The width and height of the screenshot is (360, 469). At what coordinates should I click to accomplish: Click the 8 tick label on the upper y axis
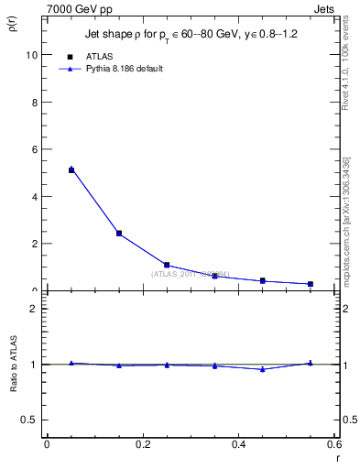(x=35, y=102)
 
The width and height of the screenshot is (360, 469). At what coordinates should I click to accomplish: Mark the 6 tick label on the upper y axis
(x=35, y=149)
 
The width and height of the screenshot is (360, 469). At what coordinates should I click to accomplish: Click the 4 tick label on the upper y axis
(x=35, y=196)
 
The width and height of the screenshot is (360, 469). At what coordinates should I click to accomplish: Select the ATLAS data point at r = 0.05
(x=71, y=170)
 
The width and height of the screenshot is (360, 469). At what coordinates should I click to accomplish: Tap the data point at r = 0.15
(x=119, y=234)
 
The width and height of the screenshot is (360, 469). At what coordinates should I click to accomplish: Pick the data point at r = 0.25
(x=167, y=265)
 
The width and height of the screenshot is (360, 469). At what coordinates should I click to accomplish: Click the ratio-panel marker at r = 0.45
(x=263, y=369)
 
